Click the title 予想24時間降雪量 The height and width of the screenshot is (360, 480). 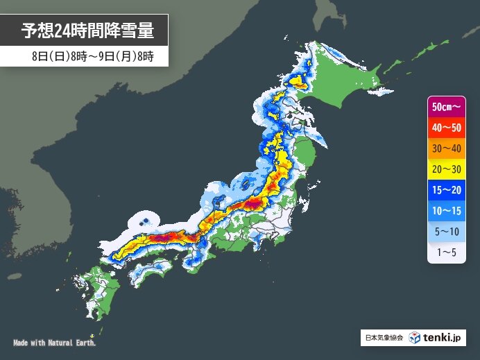pos(86,31)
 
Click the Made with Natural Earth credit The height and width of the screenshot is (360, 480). pos(54,343)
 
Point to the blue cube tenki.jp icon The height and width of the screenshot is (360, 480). pos(415,338)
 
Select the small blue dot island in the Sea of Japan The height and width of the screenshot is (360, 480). pos(146,222)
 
